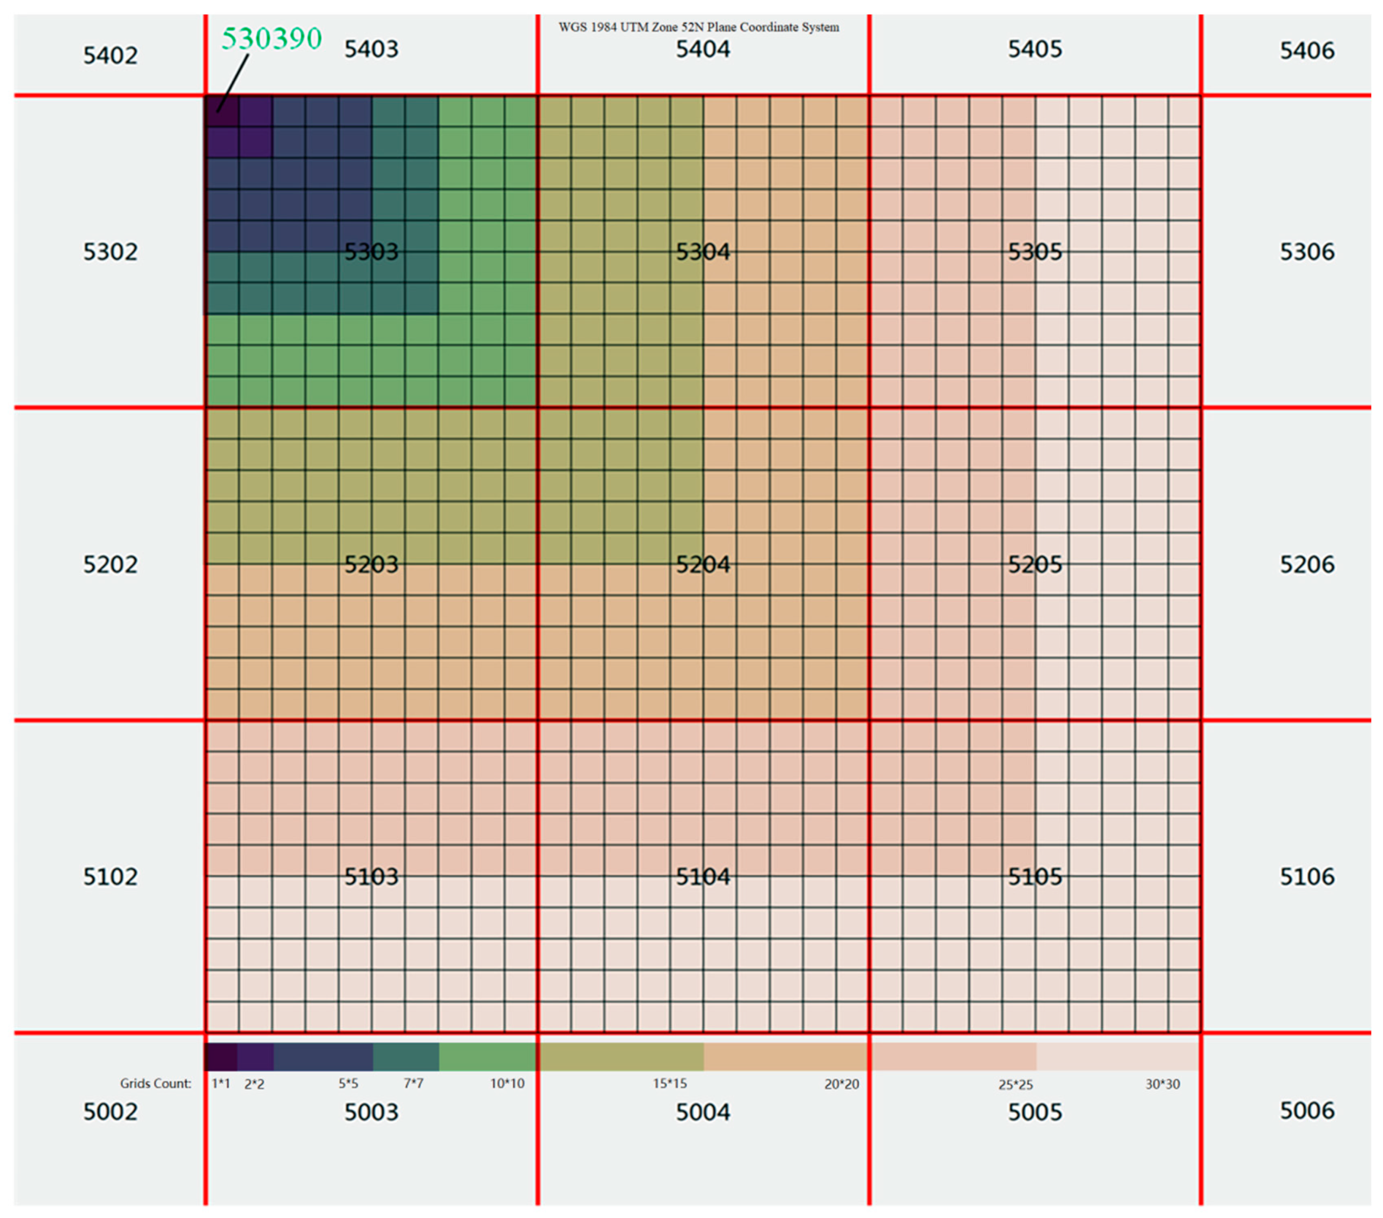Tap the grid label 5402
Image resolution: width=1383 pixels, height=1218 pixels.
coord(110,55)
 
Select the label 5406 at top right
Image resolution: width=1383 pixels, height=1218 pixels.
coord(1307,51)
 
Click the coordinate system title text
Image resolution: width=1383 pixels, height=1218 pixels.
coord(698,27)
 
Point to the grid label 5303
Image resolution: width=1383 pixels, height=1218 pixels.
coord(371,252)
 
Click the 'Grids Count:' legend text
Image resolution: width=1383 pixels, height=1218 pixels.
coord(155,1084)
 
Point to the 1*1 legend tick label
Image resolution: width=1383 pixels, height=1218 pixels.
coord(221,1084)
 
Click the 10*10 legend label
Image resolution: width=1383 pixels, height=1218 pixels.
coord(507,1084)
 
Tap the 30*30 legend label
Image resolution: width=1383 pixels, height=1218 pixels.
coord(1162,1085)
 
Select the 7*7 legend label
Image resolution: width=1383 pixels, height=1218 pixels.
coord(413,1084)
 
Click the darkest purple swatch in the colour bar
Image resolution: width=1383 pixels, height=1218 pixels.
coord(221,1057)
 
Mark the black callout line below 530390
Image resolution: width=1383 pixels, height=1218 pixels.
coord(233,82)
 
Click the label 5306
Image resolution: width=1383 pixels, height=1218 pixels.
coord(1307,252)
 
